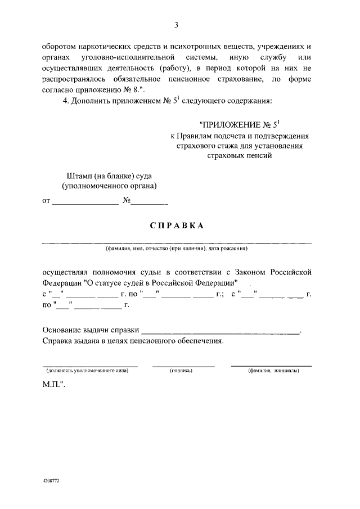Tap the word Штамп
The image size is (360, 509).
point(78,175)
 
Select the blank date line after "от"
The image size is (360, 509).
point(84,201)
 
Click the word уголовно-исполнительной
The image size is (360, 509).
point(130,58)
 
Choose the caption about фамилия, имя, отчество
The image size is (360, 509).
point(176,248)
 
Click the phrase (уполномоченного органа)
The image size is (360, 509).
point(109,186)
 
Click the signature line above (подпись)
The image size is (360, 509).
point(183,366)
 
